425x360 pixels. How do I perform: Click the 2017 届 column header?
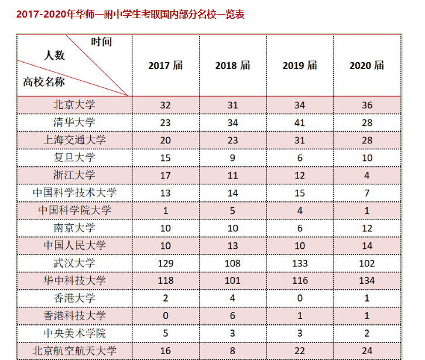pos(166,65)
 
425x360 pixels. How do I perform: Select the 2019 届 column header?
pos(300,65)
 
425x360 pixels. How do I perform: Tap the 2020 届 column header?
pos(367,65)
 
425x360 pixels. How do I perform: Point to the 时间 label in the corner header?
pos(101,42)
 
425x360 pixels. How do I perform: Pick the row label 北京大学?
pos(74,105)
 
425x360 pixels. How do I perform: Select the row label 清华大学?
pos(74,122)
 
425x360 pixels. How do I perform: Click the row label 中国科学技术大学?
pos(74,193)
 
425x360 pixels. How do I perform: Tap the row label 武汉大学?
pos(74,263)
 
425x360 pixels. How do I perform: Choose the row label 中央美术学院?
pos(74,333)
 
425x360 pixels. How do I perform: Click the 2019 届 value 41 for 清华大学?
pos(300,122)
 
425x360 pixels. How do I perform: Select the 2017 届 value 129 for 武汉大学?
pos(166,263)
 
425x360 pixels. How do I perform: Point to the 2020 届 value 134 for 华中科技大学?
pos(367,280)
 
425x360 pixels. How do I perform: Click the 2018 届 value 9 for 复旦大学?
pos(233,157)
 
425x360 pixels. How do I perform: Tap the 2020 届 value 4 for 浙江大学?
pos(367,175)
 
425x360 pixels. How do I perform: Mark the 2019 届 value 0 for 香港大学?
pos(300,298)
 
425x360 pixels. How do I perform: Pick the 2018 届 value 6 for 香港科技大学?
pos(233,316)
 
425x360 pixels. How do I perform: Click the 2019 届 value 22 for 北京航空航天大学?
pos(300,351)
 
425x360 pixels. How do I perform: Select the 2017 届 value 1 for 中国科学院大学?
pos(166,210)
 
